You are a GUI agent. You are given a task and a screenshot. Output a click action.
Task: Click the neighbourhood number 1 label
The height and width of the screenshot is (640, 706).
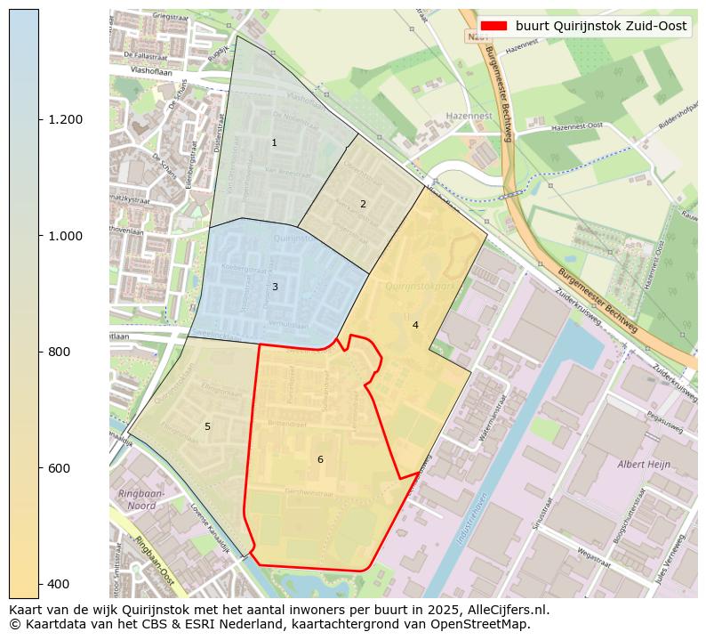click(x=274, y=143)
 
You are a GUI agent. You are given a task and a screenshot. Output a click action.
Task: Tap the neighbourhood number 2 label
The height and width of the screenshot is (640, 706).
click(x=363, y=205)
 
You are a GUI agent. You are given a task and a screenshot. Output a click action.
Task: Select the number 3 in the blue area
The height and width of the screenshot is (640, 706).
click(x=275, y=287)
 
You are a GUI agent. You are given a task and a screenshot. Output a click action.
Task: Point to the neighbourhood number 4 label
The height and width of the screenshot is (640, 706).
click(x=415, y=326)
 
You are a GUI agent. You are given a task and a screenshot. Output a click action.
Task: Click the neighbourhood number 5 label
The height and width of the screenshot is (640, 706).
click(x=207, y=427)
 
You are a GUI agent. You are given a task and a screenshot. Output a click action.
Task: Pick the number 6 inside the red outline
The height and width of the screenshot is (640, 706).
click(x=320, y=460)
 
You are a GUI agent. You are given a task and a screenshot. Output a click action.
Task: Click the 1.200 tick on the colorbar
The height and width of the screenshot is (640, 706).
click(x=65, y=120)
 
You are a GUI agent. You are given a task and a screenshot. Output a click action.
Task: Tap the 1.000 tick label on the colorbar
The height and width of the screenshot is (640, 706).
click(x=65, y=236)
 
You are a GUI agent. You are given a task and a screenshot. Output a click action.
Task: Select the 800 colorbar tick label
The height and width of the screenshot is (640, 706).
click(x=59, y=352)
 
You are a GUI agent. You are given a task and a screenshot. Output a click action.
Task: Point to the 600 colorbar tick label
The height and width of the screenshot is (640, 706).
click(x=59, y=468)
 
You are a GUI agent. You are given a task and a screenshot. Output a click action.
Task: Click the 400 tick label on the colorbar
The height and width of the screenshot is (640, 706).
click(x=59, y=584)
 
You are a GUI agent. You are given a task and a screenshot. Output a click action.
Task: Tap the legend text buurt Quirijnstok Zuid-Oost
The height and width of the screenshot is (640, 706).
click(x=601, y=27)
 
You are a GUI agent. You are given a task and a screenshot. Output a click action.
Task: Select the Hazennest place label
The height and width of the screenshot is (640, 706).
click(x=470, y=117)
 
